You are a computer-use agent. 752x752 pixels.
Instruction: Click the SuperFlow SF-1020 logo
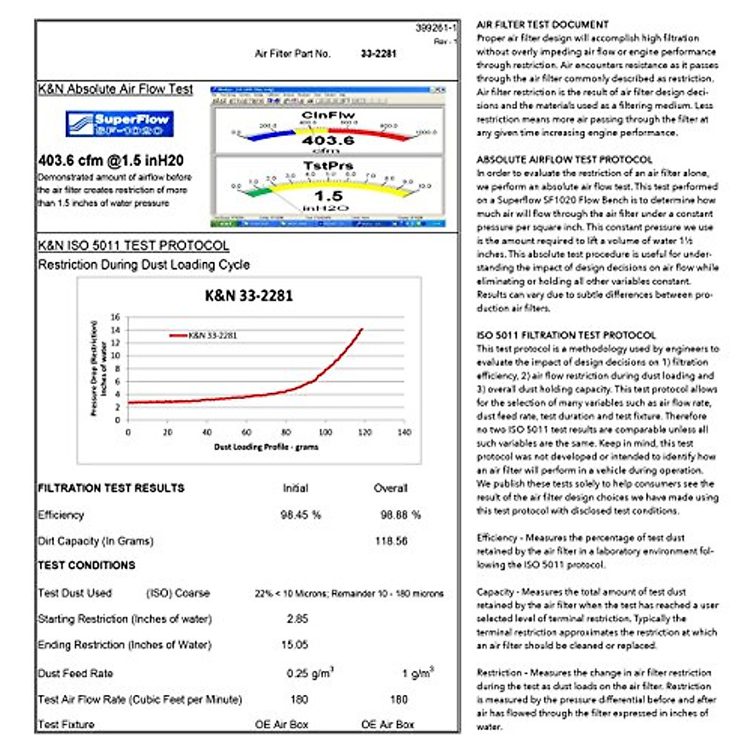[x=119, y=123]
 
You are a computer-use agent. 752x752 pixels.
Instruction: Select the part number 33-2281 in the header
[x=379, y=54]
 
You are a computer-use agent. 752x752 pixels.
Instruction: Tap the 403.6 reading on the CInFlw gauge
[x=328, y=140]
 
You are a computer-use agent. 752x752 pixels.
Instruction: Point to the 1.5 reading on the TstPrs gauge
[x=328, y=196]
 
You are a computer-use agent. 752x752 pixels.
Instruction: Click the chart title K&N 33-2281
[x=249, y=296]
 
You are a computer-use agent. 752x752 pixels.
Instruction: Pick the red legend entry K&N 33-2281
[x=204, y=335]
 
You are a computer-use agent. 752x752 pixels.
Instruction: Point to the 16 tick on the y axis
[x=115, y=317]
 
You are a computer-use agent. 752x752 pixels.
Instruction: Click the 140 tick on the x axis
[x=404, y=432]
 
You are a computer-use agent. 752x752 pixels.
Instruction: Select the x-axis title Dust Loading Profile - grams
[x=266, y=447]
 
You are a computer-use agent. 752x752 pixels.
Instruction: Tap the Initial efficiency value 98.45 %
[x=301, y=515]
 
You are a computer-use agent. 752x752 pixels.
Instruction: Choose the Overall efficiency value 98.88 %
[x=400, y=515]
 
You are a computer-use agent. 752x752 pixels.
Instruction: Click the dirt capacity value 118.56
[x=391, y=541]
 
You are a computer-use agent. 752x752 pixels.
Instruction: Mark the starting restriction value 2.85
[x=298, y=619]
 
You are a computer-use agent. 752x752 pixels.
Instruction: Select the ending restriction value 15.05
[x=295, y=645]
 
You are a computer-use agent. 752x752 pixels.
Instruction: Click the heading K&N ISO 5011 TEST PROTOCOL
[x=133, y=246]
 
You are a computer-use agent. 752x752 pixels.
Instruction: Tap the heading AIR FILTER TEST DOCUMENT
[x=542, y=24]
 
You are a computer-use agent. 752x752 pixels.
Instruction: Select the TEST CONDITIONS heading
[x=86, y=565]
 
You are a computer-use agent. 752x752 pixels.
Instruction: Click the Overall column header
[x=390, y=488]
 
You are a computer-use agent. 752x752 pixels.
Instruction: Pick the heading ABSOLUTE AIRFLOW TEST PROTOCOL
[x=564, y=160]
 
